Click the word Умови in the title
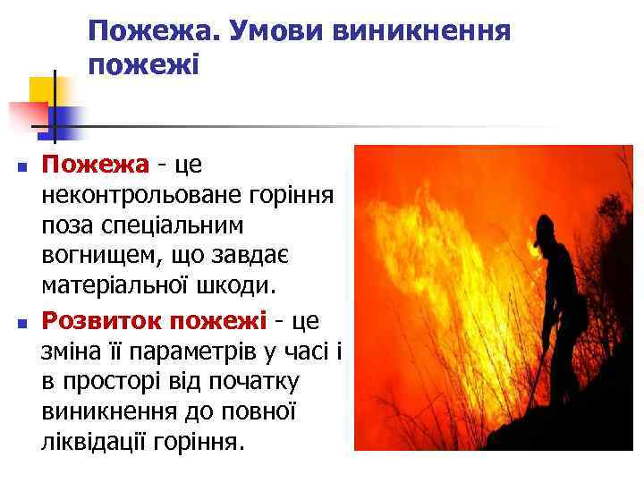pyautogui.click(x=276, y=32)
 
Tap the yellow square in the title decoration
pyautogui.click(x=43, y=89)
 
